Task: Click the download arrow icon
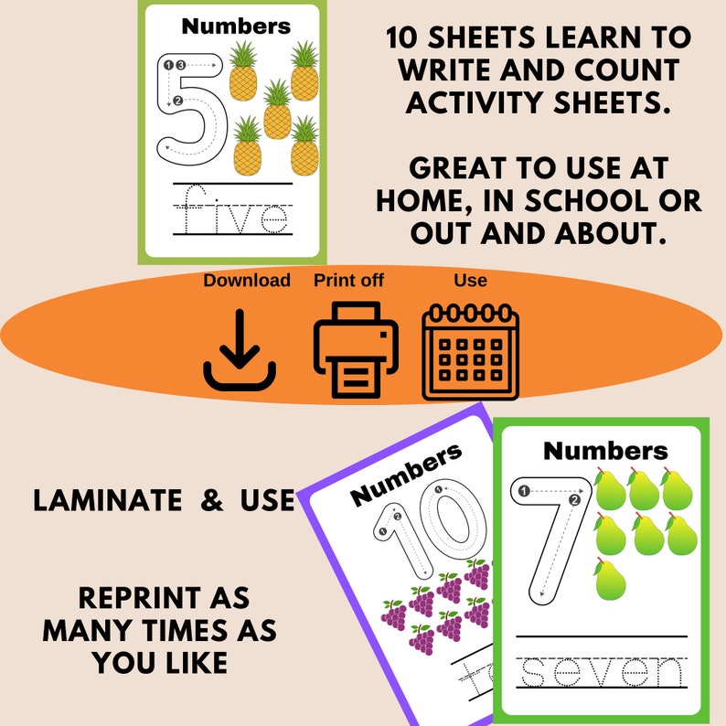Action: [240, 351]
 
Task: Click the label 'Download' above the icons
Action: [247, 281]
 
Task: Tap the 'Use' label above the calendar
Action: [470, 281]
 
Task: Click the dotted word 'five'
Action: [232, 212]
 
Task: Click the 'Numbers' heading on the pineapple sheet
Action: [236, 26]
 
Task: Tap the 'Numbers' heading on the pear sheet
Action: [605, 451]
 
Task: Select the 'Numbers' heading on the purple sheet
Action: [406, 473]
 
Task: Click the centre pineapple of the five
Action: [276, 110]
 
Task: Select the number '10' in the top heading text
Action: [405, 38]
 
